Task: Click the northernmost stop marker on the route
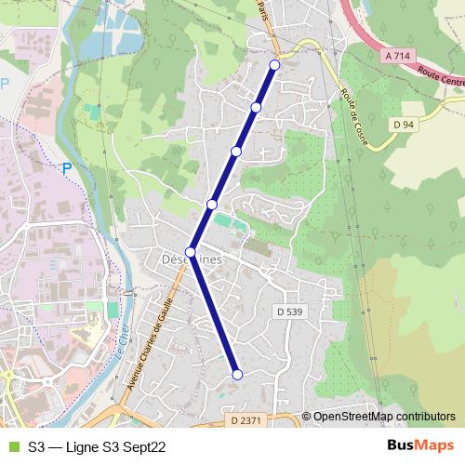pos(274,64)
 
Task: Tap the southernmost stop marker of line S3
pos(237,374)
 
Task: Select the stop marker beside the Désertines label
pos(191,252)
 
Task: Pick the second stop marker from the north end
pos(256,107)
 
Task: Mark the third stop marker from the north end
pos(236,151)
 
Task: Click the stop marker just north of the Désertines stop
pos(212,204)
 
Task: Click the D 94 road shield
pos(403,124)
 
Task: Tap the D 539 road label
pos(290,311)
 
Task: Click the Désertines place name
pos(192,260)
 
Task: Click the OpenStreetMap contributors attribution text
pos(384,417)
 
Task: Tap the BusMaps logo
pos(420,445)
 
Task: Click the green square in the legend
pos(12,446)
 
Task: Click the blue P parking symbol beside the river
pos(66,168)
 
